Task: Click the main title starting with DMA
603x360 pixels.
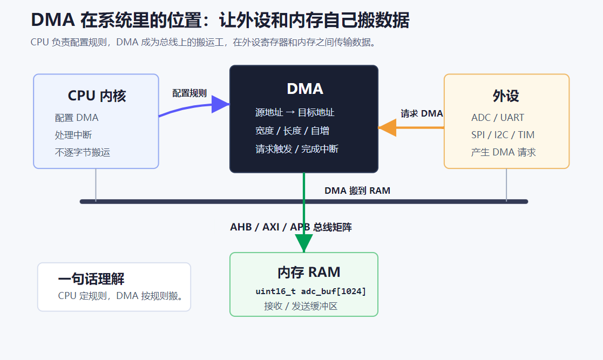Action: click(x=220, y=20)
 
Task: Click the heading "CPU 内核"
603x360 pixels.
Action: click(x=97, y=96)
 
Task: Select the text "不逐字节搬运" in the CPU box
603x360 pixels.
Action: click(x=82, y=152)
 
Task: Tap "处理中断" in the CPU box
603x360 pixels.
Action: click(x=73, y=135)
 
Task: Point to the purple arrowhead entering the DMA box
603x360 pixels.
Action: click(x=220, y=104)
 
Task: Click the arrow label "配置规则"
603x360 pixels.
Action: click(x=189, y=93)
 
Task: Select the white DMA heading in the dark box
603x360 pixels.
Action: click(x=305, y=89)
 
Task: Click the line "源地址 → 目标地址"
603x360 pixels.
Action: click(x=295, y=112)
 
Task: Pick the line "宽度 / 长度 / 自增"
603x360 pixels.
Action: click(x=292, y=131)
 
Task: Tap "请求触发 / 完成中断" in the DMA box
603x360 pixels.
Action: click(x=297, y=149)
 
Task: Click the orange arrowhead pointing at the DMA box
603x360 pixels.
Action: click(x=387, y=127)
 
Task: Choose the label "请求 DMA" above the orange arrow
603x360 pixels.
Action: click(x=422, y=113)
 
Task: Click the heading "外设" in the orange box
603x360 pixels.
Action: click(x=506, y=96)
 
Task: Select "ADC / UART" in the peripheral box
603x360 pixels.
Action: click(x=498, y=117)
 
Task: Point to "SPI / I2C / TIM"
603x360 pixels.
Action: click(x=503, y=134)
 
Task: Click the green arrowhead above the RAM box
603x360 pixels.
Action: click(x=304, y=243)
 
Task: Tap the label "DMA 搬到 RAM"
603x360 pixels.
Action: click(x=357, y=191)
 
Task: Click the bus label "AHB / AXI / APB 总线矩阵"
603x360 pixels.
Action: click(x=291, y=227)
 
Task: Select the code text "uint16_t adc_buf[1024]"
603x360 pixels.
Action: click(x=311, y=291)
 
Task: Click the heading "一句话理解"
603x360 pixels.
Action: click(x=91, y=279)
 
